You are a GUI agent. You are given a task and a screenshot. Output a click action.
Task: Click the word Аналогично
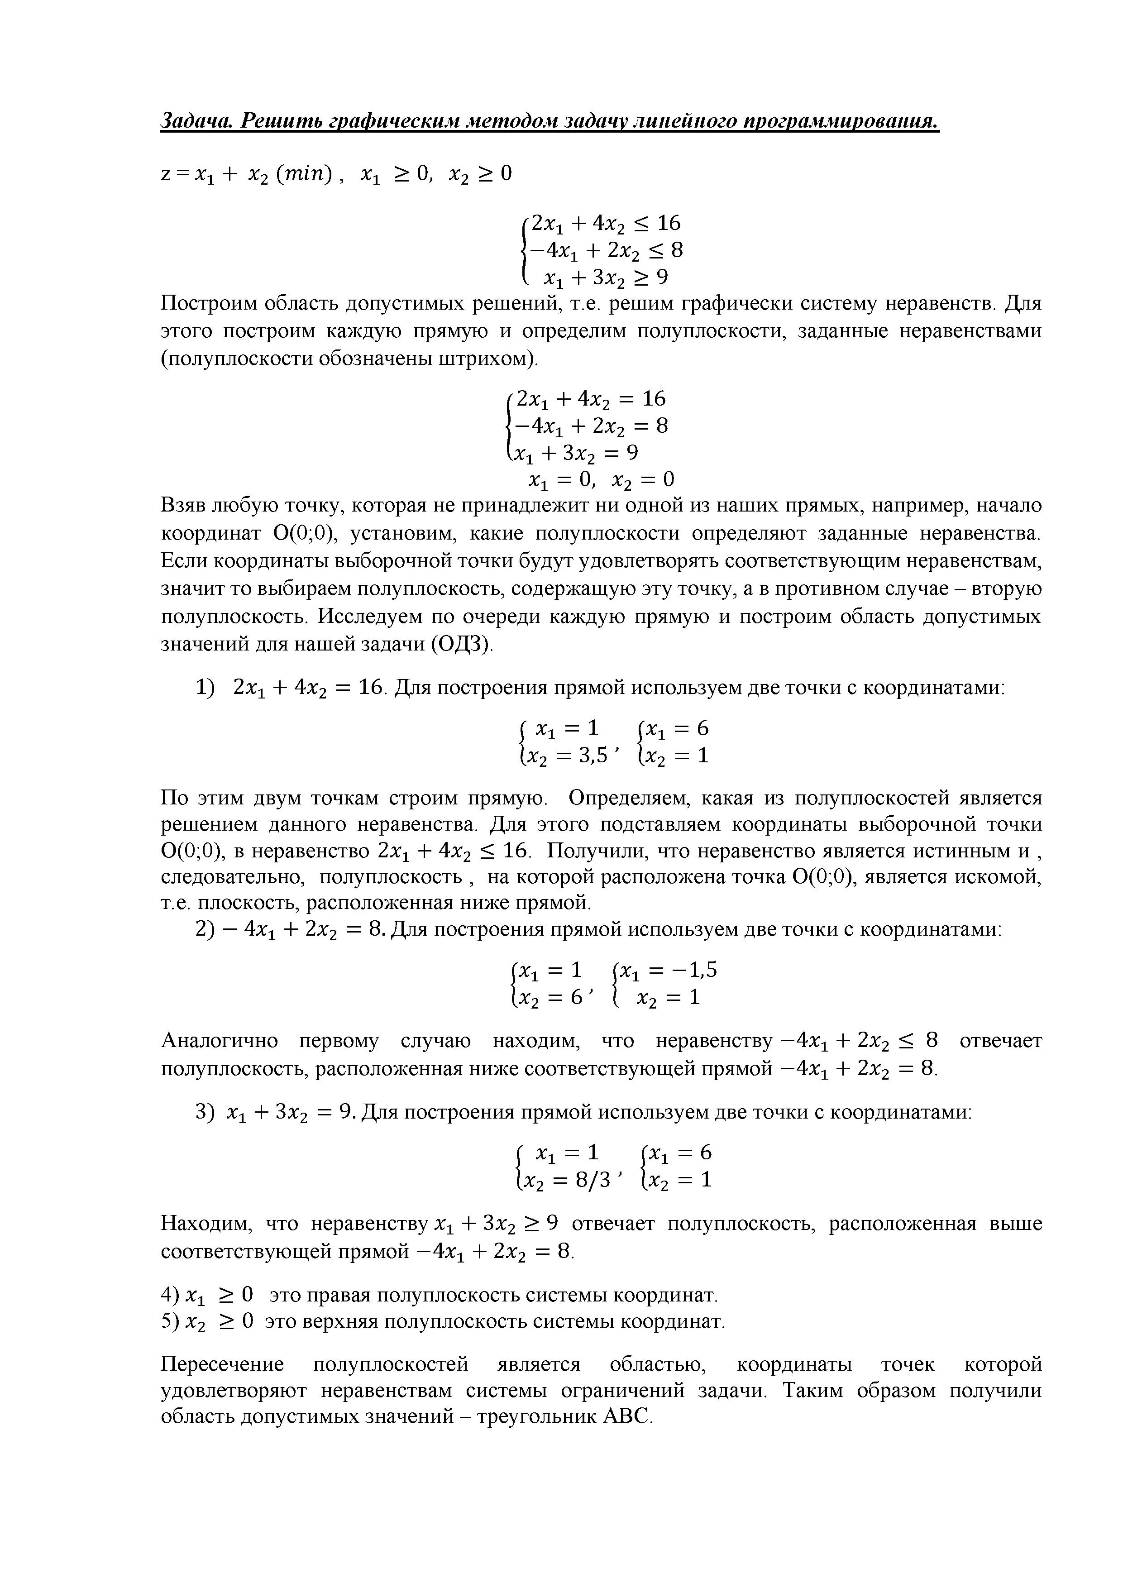(219, 1041)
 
